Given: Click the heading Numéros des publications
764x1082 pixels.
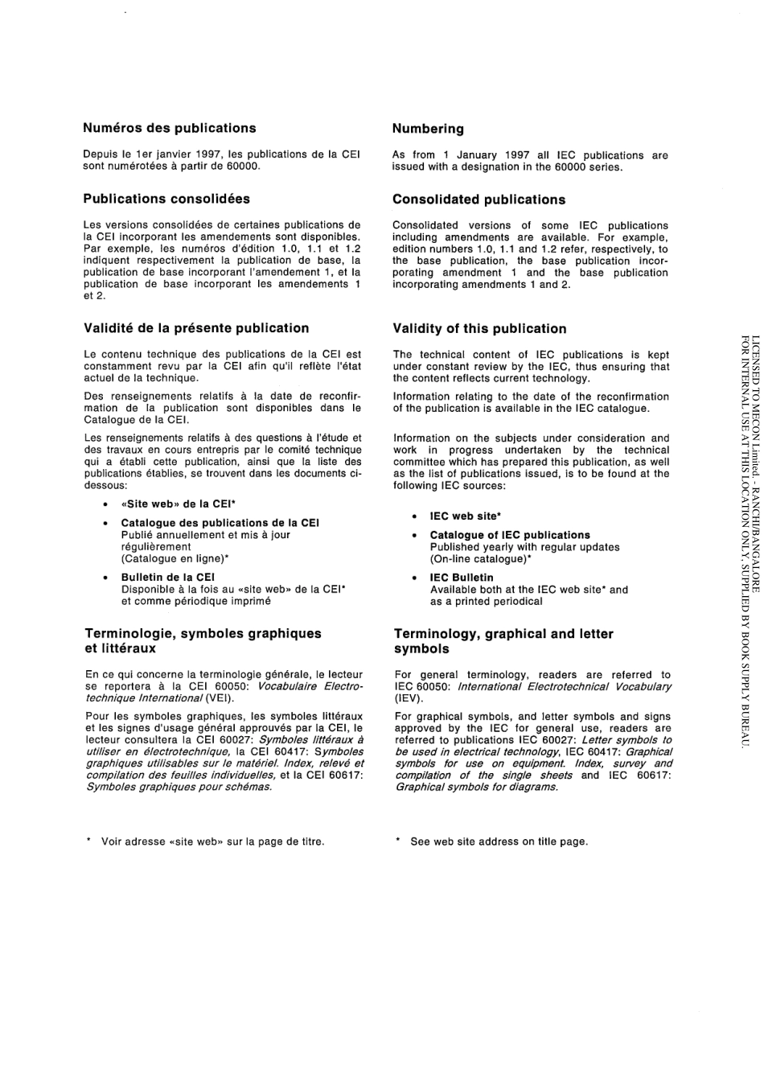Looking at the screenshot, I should [170, 128].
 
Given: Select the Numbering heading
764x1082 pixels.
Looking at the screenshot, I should [428, 129].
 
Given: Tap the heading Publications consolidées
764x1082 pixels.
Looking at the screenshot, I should [166, 199].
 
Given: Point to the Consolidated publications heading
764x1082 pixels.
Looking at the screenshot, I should [479, 200].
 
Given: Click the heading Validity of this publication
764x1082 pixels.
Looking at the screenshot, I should [479, 328].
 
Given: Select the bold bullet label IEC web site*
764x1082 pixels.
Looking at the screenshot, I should [465, 516].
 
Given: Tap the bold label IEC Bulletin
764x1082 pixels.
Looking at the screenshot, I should [462, 578].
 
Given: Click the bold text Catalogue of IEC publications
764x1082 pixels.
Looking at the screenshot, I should [510, 535].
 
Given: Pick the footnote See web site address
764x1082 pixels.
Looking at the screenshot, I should [499, 841].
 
